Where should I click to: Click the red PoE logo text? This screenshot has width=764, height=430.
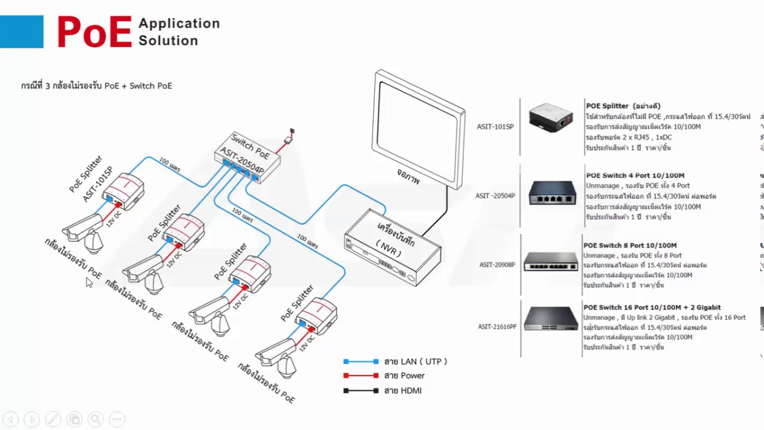(94, 32)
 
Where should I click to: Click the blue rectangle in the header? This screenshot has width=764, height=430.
(21, 32)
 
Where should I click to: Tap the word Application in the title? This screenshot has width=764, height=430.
(179, 23)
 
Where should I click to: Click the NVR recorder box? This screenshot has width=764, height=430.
(392, 246)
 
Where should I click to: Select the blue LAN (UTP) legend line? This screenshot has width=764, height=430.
(361, 361)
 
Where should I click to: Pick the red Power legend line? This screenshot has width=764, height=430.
(361, 376)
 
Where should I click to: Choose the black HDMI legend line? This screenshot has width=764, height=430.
(361, 391)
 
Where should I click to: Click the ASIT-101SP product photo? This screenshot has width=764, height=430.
(550, 118)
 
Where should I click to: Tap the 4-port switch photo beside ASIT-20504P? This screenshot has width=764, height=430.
(552, 193)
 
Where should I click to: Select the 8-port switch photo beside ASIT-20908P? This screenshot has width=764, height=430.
(550, 262)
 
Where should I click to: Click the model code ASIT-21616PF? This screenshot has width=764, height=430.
(497, 327)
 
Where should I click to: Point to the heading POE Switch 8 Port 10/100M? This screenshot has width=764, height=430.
(630, 245)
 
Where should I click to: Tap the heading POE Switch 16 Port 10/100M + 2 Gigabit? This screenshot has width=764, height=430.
(652, 308)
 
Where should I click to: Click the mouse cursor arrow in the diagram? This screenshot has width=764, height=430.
(89, 282)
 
